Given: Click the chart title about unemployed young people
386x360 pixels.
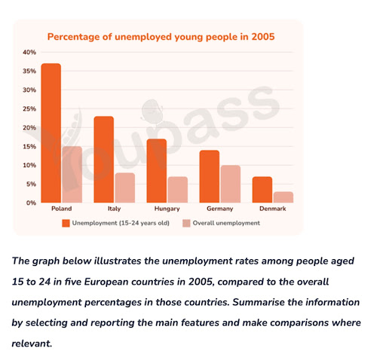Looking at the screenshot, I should tap(161, 36).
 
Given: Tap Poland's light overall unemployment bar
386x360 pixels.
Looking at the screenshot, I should tap(72, 175).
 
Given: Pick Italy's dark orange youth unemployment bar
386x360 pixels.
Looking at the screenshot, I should tap(104, 160).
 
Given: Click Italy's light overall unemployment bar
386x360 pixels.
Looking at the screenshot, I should tap(124, 188).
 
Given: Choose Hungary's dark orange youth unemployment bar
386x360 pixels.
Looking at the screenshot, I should tap(157, 171).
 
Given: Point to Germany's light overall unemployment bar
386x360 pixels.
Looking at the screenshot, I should tap(231, 184).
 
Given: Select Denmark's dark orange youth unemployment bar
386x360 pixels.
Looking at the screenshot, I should tap(262, 190).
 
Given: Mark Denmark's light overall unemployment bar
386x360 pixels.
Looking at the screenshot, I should tap(283, 197).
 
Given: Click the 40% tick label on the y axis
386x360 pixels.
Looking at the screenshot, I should tap(29, 53).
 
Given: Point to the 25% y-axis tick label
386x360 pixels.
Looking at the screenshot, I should tap(29, 109).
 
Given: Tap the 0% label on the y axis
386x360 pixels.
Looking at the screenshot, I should tap(31, 203).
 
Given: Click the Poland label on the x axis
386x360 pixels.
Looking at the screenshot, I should tap(61, 209).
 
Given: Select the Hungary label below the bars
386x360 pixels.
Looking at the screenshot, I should tap(167, 209).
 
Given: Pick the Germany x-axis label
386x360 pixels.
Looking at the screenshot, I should tap(220, 209).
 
